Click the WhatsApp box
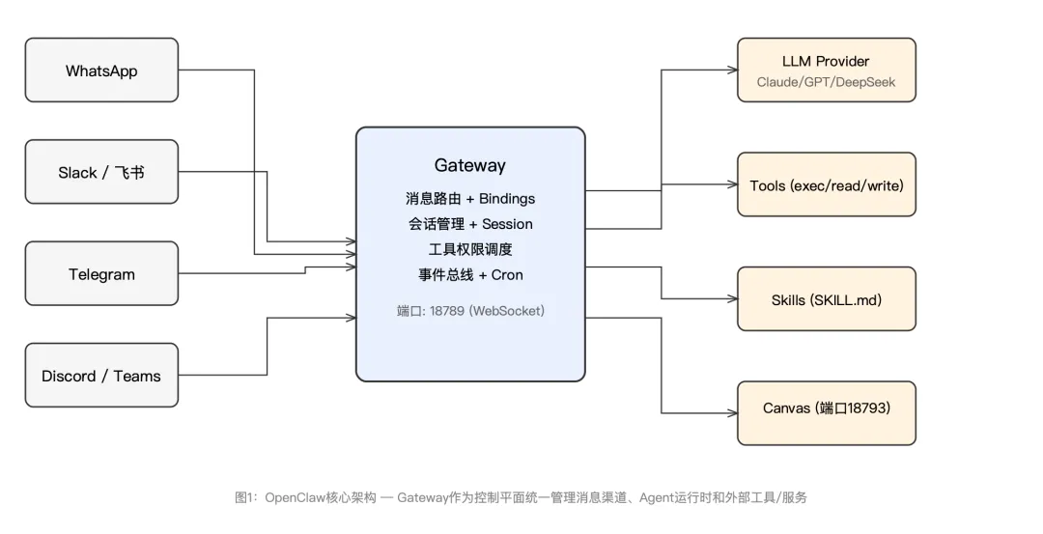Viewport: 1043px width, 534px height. click(101, 70)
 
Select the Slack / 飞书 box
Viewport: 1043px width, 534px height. click(101, 173)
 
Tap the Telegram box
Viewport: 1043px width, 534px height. click(101, 274)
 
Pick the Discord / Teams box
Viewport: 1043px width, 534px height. click(101, 376)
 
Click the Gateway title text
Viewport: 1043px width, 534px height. click(469, 165)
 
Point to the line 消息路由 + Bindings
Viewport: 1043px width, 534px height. click(469, 199)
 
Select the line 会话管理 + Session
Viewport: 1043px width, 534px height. click(469, 224)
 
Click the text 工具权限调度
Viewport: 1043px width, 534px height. click(469, 249)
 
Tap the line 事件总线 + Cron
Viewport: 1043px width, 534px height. click(469, 275)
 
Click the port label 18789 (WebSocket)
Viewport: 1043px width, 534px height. click(470, 311)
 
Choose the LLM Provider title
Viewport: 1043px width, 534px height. click(826, 62)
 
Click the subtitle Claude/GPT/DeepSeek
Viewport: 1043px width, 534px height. click(826, 82)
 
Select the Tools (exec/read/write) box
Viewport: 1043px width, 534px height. click(826, 184)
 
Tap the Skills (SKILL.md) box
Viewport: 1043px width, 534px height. click(826, 299)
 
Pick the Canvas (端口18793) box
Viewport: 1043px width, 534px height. click(826, 408)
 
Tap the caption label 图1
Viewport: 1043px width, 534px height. click(243, 498)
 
